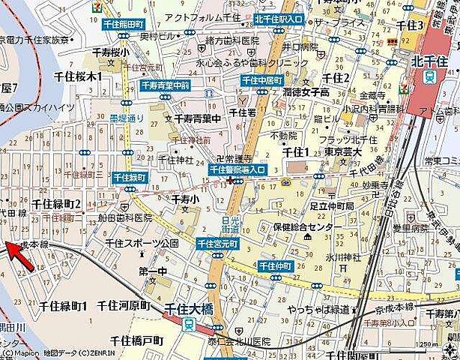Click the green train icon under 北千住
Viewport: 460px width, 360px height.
point(429,76)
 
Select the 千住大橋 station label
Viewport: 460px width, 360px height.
point(191,307)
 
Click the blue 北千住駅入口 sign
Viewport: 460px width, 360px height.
point(279,19)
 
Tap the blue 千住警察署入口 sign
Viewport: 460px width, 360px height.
point(237,170)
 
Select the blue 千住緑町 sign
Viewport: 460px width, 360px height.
point(129,177)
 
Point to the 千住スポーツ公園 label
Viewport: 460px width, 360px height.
point(142,244)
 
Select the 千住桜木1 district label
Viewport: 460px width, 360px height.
point(77,76)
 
